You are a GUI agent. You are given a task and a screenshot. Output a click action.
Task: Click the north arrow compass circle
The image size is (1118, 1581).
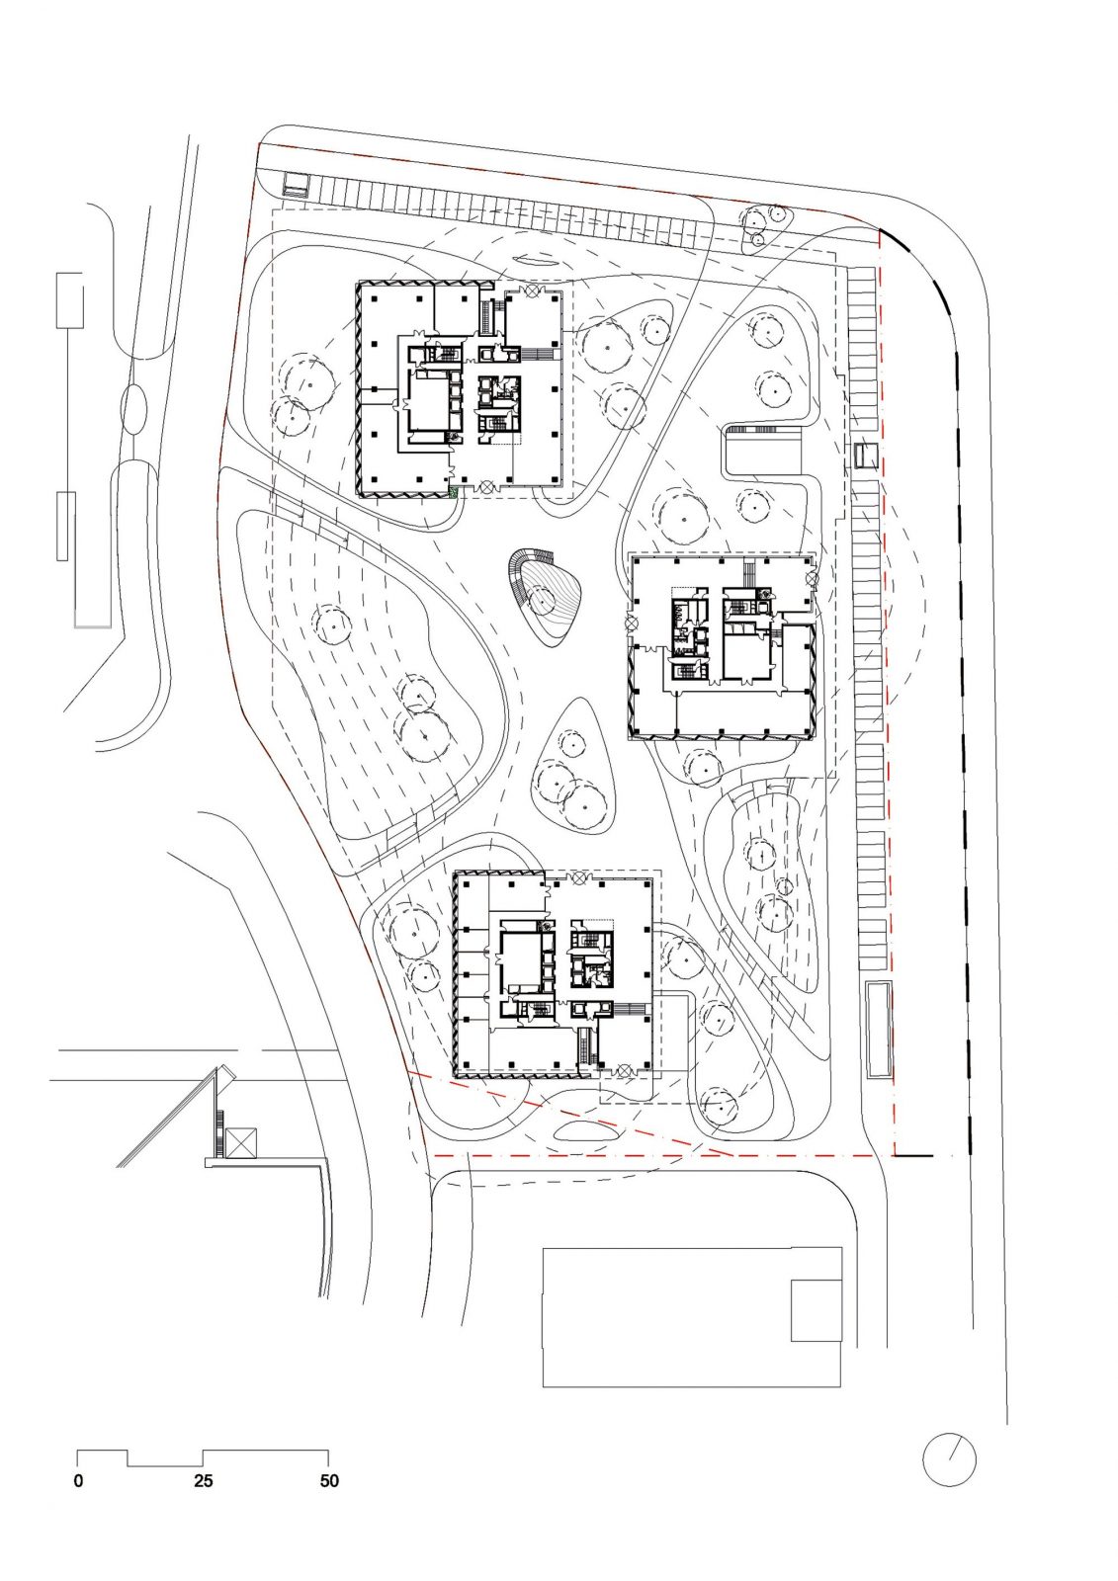tap(949, 1459)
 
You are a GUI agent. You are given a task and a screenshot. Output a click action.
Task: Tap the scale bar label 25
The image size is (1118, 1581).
tap(204, 1481)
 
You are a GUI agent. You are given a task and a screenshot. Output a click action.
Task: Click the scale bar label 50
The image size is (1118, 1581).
tap(329, 1481)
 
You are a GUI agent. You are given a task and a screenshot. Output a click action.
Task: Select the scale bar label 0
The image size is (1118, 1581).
tap(78, 1481)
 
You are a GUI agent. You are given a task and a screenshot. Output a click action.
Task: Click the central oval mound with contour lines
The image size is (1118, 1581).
tap(547, 599)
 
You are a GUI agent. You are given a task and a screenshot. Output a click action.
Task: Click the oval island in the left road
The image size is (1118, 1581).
tap(135, 406)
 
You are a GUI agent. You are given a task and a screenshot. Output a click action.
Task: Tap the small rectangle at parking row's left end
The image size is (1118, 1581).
tap(296, 185)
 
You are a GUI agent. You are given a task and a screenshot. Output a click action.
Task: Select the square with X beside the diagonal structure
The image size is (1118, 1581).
tap(240, 1143)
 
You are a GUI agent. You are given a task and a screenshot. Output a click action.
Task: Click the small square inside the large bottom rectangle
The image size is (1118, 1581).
tap(817, 1310)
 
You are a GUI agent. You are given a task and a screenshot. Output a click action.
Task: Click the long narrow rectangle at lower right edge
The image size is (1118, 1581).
tap(879, 1030)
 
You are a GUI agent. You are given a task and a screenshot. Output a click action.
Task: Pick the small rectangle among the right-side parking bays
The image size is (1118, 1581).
tap(866, 456)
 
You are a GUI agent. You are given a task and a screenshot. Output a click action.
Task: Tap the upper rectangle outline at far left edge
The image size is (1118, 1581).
tap(70, 300)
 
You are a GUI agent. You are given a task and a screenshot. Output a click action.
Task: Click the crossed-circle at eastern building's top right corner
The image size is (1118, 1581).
tap(812, 577)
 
